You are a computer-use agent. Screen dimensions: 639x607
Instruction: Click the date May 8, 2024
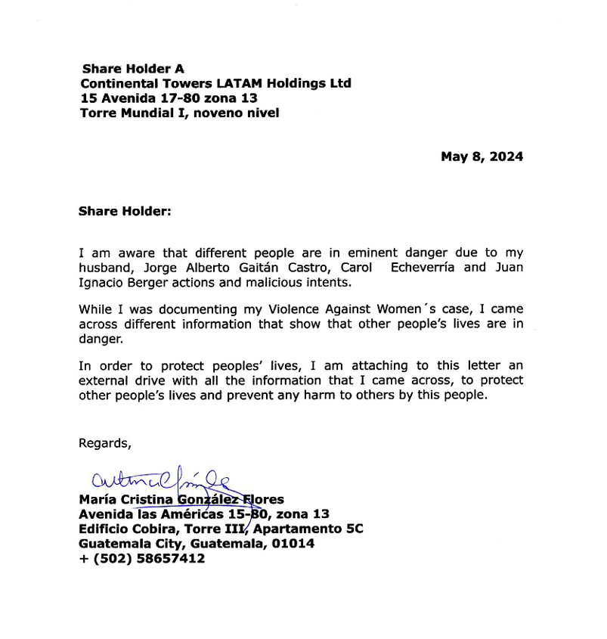click(x=482, y=157)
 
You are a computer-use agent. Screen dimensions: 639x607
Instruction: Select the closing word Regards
click(x=105, y=444)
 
